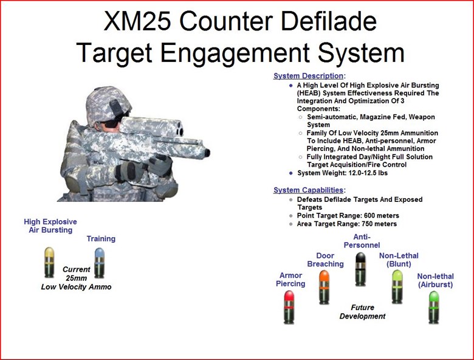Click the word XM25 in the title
point(137,21)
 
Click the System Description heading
point(308,76)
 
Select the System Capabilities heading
point(308,190)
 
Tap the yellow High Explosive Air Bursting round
point(49,262)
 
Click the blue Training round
point(99,263)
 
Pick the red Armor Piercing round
point(289,307)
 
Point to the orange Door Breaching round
point(324,287)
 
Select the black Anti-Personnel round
point(360,269)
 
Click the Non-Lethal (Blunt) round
point(397,287)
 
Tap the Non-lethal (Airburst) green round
point(434,307)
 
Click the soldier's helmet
point(108,105)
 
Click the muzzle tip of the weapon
point(207,153)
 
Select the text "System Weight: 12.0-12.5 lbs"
point(342,173)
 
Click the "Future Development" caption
point(362,312)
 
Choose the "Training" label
point(101,239)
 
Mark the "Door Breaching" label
point(325,260)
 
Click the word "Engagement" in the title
point(235,52)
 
